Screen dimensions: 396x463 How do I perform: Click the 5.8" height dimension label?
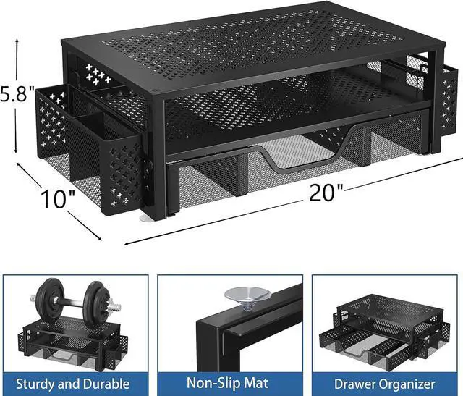click(x=18, y=94)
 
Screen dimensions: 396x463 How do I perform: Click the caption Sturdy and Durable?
click(x=74, y=383)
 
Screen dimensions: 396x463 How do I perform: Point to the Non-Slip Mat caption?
click(x=231, y=383)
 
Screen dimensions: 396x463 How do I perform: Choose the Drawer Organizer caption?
click(x=385, y=383)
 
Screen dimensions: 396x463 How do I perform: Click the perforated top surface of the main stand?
click(x=239, y=54)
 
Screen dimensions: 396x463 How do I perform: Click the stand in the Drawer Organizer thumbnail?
click(x=383, y=325)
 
